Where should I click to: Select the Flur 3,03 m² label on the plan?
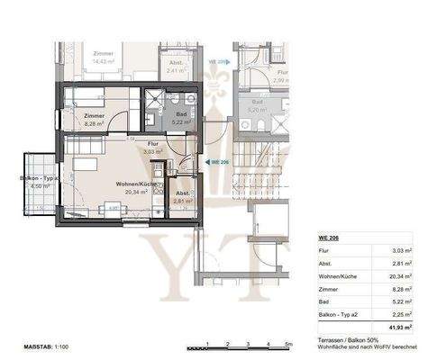[151, 148]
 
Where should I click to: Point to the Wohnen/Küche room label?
[133, 185]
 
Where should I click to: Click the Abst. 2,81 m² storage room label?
[182, 198]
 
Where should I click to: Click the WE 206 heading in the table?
[329, 236]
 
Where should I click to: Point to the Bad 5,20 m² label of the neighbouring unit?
[259, 105]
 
